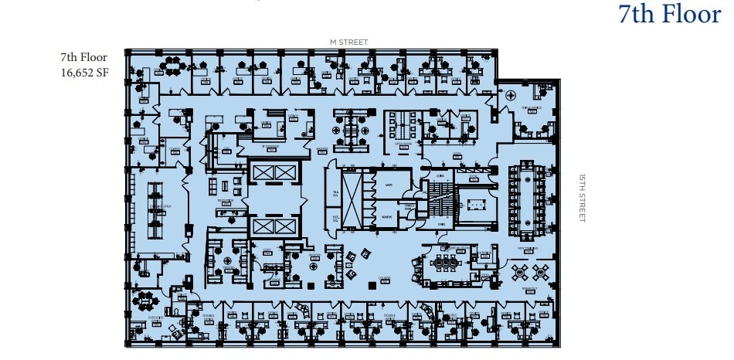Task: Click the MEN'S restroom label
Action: tap(388, 187)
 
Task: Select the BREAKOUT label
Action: tap(529, 287)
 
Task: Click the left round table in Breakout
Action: tap(518, 271)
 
